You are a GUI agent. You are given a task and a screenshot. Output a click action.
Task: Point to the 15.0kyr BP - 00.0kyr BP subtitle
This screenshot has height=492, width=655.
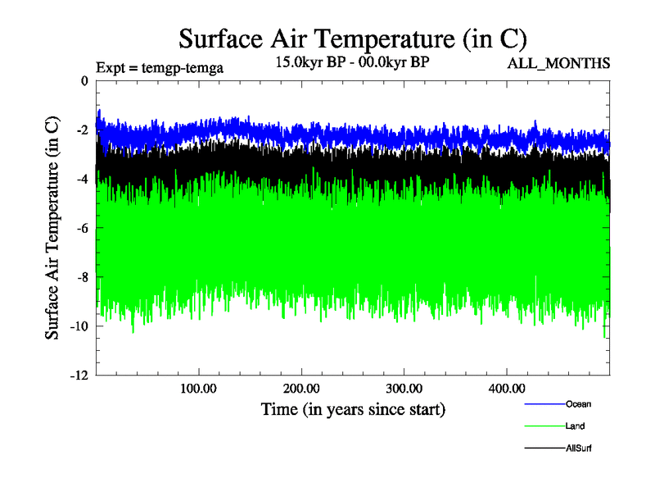click(x=353, y=62)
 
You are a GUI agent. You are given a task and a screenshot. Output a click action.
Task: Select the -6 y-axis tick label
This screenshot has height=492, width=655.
click(x=82, y=228)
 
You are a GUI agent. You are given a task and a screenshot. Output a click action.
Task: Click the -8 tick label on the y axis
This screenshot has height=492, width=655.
click(x=82, y=277)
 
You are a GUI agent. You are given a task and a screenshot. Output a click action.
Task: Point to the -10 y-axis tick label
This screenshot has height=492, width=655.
click(x=79, y=326)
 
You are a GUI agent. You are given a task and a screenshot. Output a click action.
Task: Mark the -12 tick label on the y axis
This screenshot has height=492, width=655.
click(x=79, y=376)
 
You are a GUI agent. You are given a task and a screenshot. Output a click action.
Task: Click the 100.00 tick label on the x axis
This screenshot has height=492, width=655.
click(x=199, y=388)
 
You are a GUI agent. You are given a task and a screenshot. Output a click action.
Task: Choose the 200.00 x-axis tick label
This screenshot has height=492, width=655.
click(x=302, y=388)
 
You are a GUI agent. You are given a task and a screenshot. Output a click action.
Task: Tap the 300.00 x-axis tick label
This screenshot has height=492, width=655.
click(x=404, y=388)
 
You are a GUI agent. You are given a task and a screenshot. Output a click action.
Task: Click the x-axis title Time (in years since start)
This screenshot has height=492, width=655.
click(x=353, y=408)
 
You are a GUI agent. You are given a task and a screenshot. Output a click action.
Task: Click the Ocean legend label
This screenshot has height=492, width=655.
click(x=577, y=403)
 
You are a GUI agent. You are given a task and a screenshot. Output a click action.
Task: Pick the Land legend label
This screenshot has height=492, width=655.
click(x=575, y=426)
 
